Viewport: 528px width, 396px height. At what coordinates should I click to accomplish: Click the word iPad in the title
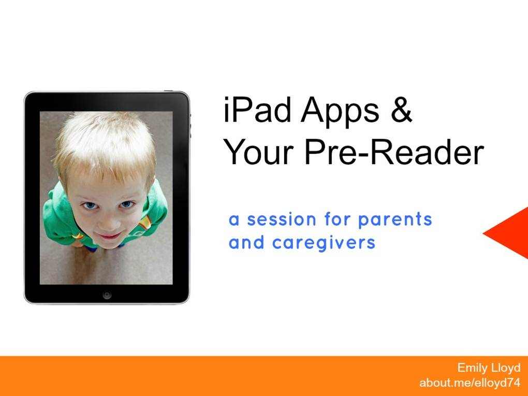(x=257, y=109)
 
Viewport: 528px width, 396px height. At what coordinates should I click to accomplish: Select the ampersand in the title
(x=401, y=110)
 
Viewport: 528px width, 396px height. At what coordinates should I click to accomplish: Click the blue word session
(x=282, y=219)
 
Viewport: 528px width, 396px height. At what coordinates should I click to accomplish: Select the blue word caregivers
(x=324, y=243)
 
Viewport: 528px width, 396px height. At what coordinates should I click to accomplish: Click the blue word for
(x=337, y=219)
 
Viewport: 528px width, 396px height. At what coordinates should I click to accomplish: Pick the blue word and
(x=246, y=242)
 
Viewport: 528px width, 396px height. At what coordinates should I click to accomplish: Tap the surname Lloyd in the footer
(x=505, y=368)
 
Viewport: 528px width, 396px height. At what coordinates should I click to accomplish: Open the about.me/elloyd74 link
(x=470, y=383)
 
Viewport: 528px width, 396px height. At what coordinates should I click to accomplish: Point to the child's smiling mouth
(x=108, y=236)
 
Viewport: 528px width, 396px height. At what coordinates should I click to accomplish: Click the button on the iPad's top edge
(x=168, y=91)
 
